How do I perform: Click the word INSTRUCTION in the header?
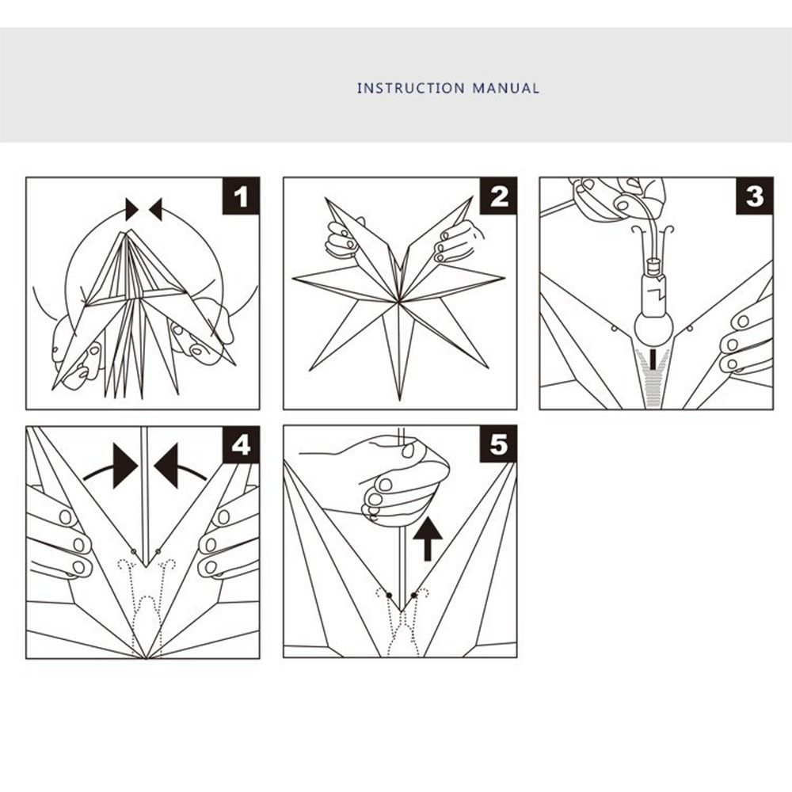[410, 89]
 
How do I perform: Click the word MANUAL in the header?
[505, 89]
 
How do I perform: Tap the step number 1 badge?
[241, 196]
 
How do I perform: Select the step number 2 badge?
[498, 196]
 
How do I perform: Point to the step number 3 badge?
[755, 196]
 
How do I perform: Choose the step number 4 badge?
[241, 445]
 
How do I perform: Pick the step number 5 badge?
[498, 445]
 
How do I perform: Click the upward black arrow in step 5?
[428, 540]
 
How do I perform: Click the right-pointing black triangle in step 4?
[125, 466]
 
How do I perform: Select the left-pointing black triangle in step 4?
[166, 466]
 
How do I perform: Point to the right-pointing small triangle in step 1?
[131, 209]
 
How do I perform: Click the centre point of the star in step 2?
[399, 303]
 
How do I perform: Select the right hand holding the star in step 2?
[458, 242]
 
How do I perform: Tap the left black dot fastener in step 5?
[389, 596]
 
